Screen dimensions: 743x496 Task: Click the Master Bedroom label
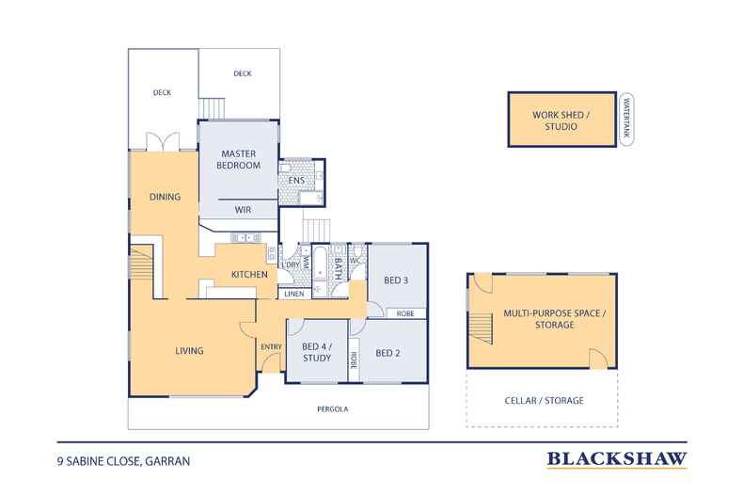pos(238,159)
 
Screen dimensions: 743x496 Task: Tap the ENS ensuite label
pos(296,180)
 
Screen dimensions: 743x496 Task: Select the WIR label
pos(243,210)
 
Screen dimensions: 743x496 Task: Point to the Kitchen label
pos(249,275)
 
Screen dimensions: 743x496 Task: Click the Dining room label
pos(165,197)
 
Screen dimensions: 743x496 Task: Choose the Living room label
pos(189,351)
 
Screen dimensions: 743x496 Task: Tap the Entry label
pos(271,347)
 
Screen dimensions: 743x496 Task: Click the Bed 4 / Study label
pos(317,352)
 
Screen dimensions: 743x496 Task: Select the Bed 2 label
pos(387,353)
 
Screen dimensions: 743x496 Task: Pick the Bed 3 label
pos(396,280)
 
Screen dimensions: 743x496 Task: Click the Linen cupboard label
pos(294,294)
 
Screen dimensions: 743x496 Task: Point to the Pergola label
pos(333,408)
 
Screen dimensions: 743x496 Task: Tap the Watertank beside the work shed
pos(626,119)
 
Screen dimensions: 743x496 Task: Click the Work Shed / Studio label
pos(561,120)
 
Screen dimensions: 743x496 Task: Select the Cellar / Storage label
pos(544,401)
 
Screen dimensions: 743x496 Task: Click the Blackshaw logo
pos(617,459)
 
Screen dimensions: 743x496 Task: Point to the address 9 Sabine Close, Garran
pos(123,461)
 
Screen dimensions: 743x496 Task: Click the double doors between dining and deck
pos(163,141)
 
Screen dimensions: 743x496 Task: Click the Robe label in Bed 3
pos(405,313)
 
